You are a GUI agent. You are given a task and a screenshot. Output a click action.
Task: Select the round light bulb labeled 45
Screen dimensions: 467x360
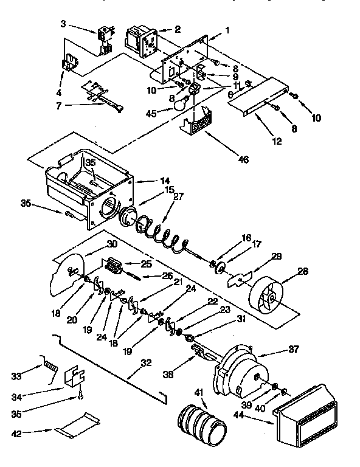[x=179, y=105]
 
